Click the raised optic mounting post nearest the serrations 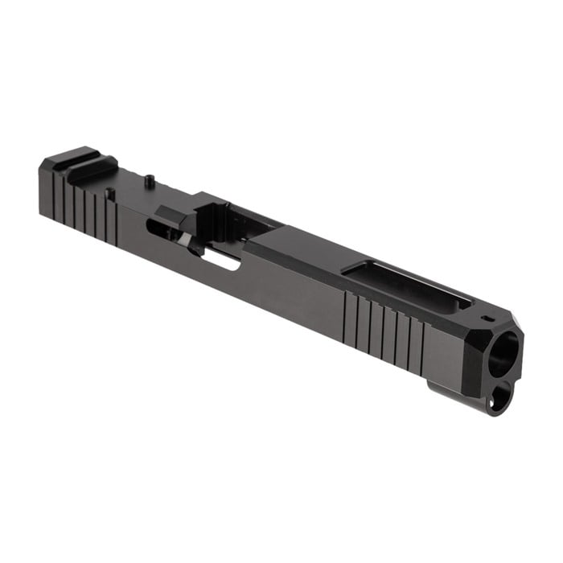tap(110, 193)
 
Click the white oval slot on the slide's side tap(222, 260)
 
